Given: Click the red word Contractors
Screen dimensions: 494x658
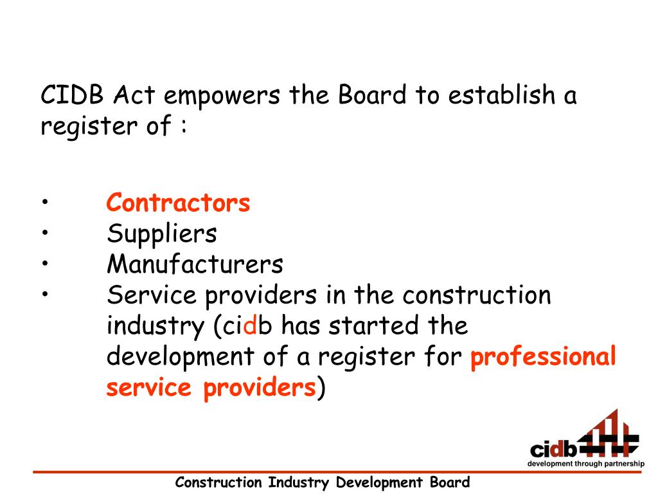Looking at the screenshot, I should pos(178,203).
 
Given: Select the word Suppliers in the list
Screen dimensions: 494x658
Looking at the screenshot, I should pos(162,233).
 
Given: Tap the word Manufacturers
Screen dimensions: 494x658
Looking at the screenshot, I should pos(195,264).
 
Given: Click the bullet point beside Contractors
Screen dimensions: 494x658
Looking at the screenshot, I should pos(46,204).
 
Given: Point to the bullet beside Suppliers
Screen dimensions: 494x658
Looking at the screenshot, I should pos(46,233).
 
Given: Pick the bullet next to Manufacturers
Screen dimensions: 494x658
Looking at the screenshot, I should pos(46,264).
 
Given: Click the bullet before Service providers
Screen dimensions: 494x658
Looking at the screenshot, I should pos(46,295).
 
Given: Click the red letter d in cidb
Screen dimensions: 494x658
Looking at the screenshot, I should pos(249,325).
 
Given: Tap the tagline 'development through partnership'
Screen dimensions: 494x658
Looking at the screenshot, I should pos(585,464).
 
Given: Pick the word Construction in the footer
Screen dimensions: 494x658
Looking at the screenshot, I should pos(219,482).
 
